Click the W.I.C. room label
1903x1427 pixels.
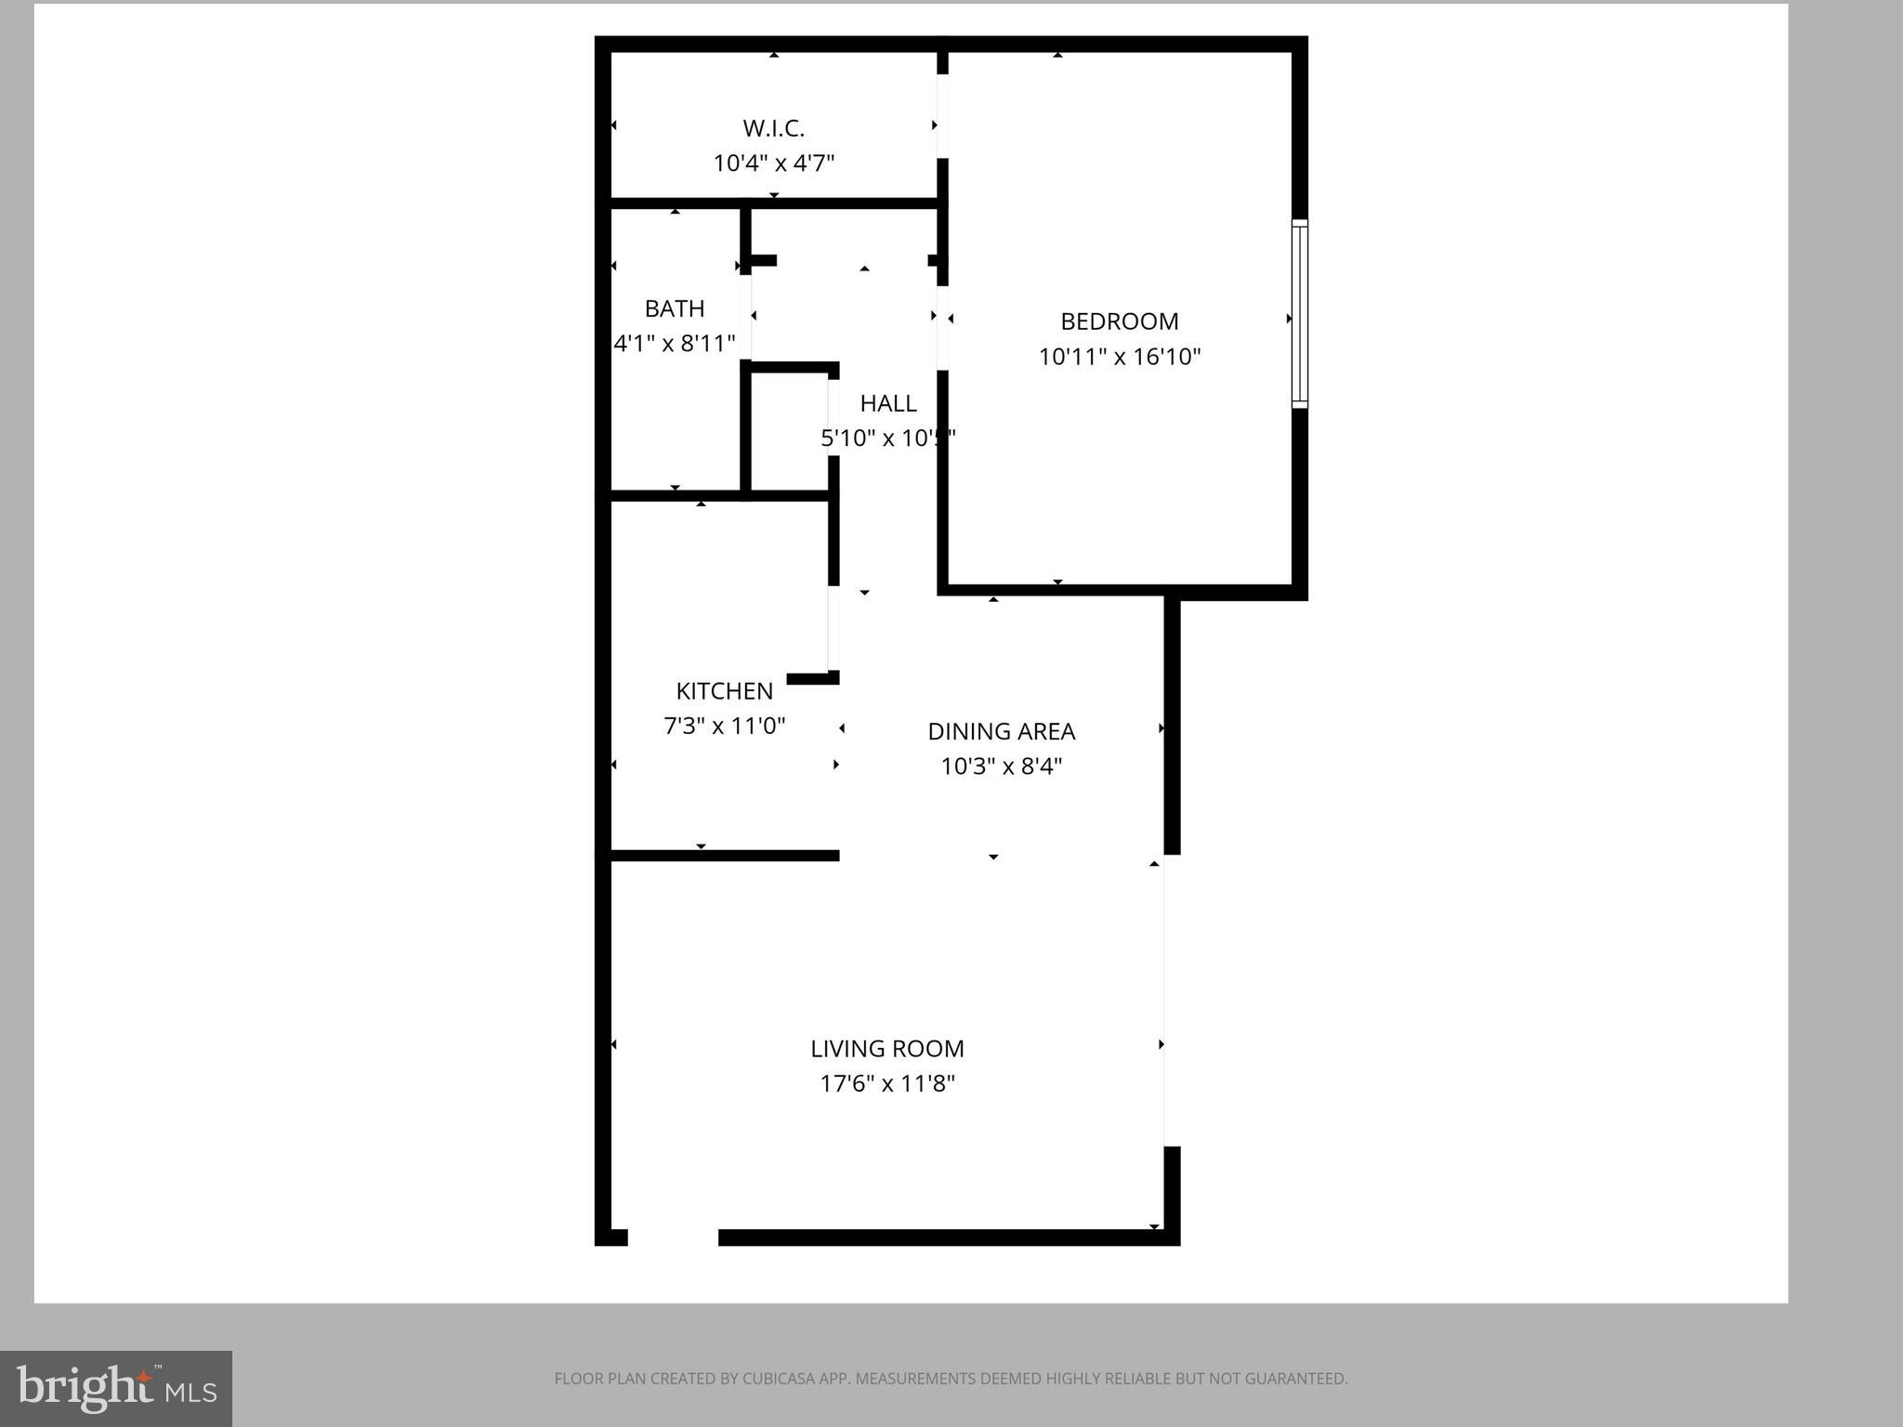[x=773, y=128]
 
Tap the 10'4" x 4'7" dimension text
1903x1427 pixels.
[x=773, y=164]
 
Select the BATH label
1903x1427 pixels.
[x=675, y=308]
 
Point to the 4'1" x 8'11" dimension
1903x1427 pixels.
[x=675, y=344]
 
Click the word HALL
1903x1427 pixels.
[x=887, y=403]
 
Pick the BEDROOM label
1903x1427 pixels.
[x=1119, y=321]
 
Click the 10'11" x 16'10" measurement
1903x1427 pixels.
[x=1119, y=357]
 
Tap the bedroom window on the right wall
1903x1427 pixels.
[x=1299, y=314]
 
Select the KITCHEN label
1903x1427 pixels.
[x=724, y=691]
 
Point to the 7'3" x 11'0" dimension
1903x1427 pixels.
[x=724, y=726]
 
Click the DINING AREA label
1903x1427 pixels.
[x=1001, y=732]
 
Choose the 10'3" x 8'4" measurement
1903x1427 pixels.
[x=1001, y=766]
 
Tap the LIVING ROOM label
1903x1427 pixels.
[x=886, y=1049]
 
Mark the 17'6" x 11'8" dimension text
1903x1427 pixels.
[x=886, y=1083]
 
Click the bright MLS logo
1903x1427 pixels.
[x=116, y=1388]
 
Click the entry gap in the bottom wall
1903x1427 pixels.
[x=673, y=1237]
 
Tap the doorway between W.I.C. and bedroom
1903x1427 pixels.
[x=941, y=116]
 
